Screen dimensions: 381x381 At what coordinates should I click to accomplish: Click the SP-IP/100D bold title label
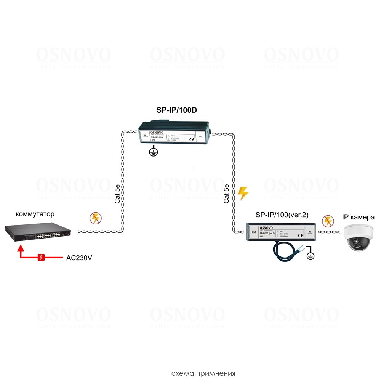(176, 110)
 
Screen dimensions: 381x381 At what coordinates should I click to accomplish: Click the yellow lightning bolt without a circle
(243, 193)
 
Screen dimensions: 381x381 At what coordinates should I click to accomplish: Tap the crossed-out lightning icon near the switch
(95, 218)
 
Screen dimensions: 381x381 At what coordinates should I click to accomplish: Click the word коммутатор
(35, 214)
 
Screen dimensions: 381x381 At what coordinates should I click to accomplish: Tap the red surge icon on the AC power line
(42, 258)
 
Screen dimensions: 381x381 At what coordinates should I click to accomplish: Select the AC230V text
(79, 258)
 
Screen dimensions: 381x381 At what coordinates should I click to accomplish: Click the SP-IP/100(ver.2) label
(282, 215)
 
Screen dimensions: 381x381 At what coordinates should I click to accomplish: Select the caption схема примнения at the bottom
(203, 373)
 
